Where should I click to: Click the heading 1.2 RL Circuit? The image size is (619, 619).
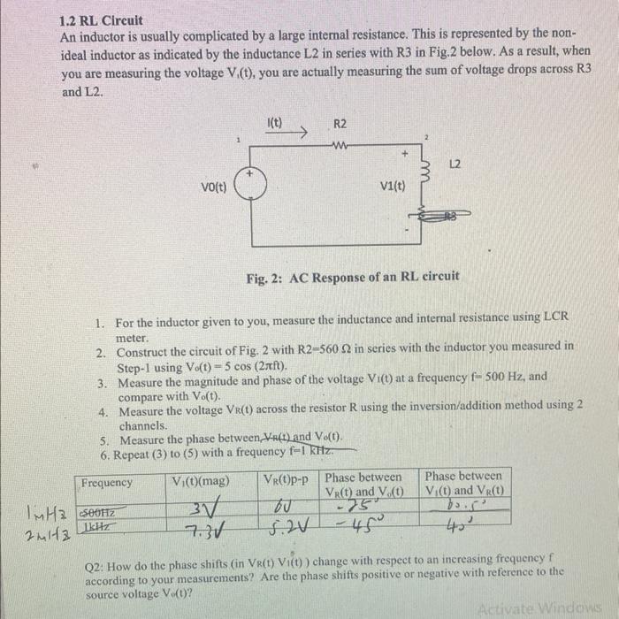100,19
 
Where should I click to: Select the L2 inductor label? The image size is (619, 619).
455,166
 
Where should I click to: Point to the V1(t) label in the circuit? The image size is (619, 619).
392,187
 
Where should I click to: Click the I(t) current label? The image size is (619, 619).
274,123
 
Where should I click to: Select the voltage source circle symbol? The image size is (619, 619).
251,187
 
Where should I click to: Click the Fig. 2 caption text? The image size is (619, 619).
353,276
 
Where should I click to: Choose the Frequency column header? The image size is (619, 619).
107,483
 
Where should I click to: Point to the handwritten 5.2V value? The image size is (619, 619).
286,527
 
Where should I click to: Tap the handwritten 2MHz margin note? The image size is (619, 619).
40,529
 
